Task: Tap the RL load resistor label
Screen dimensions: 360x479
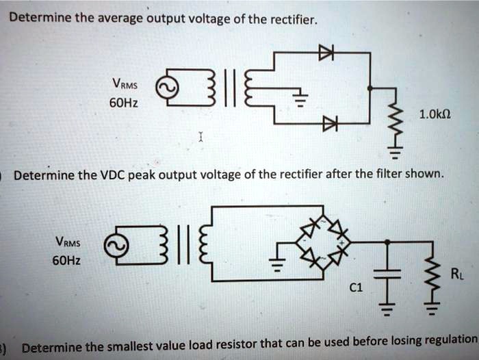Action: point(456,274)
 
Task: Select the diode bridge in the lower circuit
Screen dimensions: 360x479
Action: point(322,242)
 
